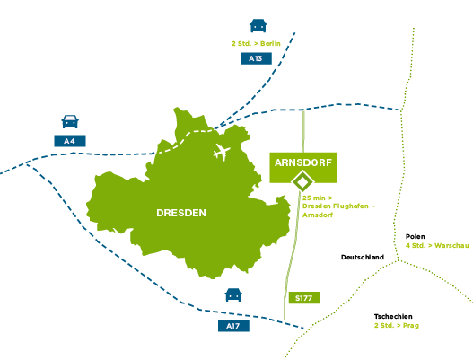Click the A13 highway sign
(x=256, y=58)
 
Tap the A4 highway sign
(x=70, y=141)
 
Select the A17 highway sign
(x=233, y=326)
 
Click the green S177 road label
(x=304, y=298)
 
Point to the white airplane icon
(x=222, y=152)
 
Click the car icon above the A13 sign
(x=258, y=26)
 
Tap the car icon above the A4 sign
(x=70, y=121)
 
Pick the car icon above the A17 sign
(x=233, y=294)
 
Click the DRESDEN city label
(x=181, y=213)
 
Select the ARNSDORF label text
(x=303, y=162)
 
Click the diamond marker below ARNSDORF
(x=302, y=181)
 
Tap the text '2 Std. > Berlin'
(x=256, y=43)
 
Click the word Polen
(x=415, y=237)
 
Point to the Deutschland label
(x=363, y=257)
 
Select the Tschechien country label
(x=393, y=316)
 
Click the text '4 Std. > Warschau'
(x=437, y=246)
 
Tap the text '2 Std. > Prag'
(x=397, y=325)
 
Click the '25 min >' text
(x=318, y=198)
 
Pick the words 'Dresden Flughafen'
(x=336, y=206)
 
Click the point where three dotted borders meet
(x=399, y=260)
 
